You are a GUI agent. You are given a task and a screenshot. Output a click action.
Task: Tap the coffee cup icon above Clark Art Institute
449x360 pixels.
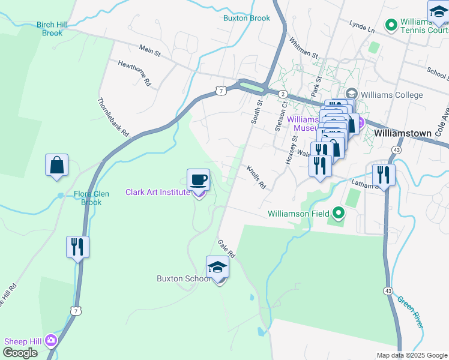click(199, 179)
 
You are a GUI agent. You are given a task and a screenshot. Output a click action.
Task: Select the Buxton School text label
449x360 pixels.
click(183, 278)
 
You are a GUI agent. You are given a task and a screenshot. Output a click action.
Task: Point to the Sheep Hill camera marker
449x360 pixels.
click(50, 341)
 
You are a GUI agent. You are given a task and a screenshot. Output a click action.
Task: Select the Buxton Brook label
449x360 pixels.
click(247, 18)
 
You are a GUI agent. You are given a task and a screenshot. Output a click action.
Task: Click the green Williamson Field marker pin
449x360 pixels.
click(339, 213)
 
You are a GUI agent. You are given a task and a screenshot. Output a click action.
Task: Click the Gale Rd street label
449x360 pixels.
click(227, 247)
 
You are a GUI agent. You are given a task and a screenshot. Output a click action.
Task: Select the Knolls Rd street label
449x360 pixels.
click(256, 177)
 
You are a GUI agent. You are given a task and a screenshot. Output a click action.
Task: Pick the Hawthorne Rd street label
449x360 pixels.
click(134, 72)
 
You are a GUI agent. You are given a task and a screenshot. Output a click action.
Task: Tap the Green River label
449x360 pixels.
click(411, 312)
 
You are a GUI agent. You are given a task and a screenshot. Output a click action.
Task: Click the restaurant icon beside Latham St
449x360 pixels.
click(382, 175)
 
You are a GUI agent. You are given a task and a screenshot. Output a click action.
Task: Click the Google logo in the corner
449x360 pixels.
click(20, 353)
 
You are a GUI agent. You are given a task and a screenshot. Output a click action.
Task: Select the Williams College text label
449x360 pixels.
click(393, 95)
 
